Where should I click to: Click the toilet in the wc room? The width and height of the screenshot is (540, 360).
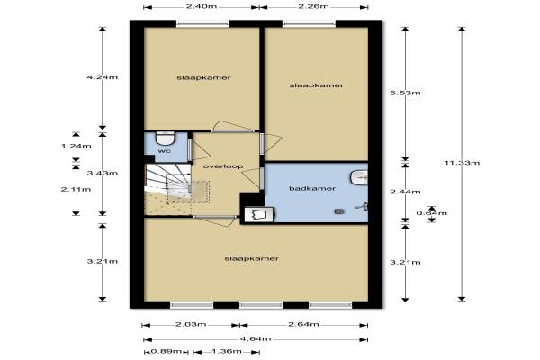(166, 138)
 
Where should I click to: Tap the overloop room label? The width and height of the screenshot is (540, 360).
(223, 166)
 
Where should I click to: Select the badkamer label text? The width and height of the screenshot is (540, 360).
(312, 188)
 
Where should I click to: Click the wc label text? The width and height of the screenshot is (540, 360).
(164, 151)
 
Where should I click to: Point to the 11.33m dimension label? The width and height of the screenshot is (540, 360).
(462, 163)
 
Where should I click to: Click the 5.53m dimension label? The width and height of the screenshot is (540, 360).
(405, 93)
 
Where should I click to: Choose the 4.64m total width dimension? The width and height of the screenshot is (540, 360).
(256, 338)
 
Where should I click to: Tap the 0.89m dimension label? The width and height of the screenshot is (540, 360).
(166, 351)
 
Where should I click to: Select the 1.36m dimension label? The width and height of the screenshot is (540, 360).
(226, 351)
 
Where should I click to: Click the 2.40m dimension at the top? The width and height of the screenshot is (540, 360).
(202, 6)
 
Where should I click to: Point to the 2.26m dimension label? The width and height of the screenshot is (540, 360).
(313, 6)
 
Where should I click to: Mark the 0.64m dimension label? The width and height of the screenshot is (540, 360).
(431, 213)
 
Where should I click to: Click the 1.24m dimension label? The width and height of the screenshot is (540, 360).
(76, 146)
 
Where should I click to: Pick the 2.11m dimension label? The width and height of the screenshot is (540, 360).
(76, 189)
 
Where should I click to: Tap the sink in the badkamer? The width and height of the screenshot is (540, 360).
(359, 178)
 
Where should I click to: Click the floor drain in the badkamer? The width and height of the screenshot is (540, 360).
(339, 211)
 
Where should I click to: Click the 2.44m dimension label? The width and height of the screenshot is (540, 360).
(405, 192)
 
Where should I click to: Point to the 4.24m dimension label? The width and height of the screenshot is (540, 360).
(103, 77)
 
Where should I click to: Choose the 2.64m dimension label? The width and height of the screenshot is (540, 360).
(303, 324)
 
